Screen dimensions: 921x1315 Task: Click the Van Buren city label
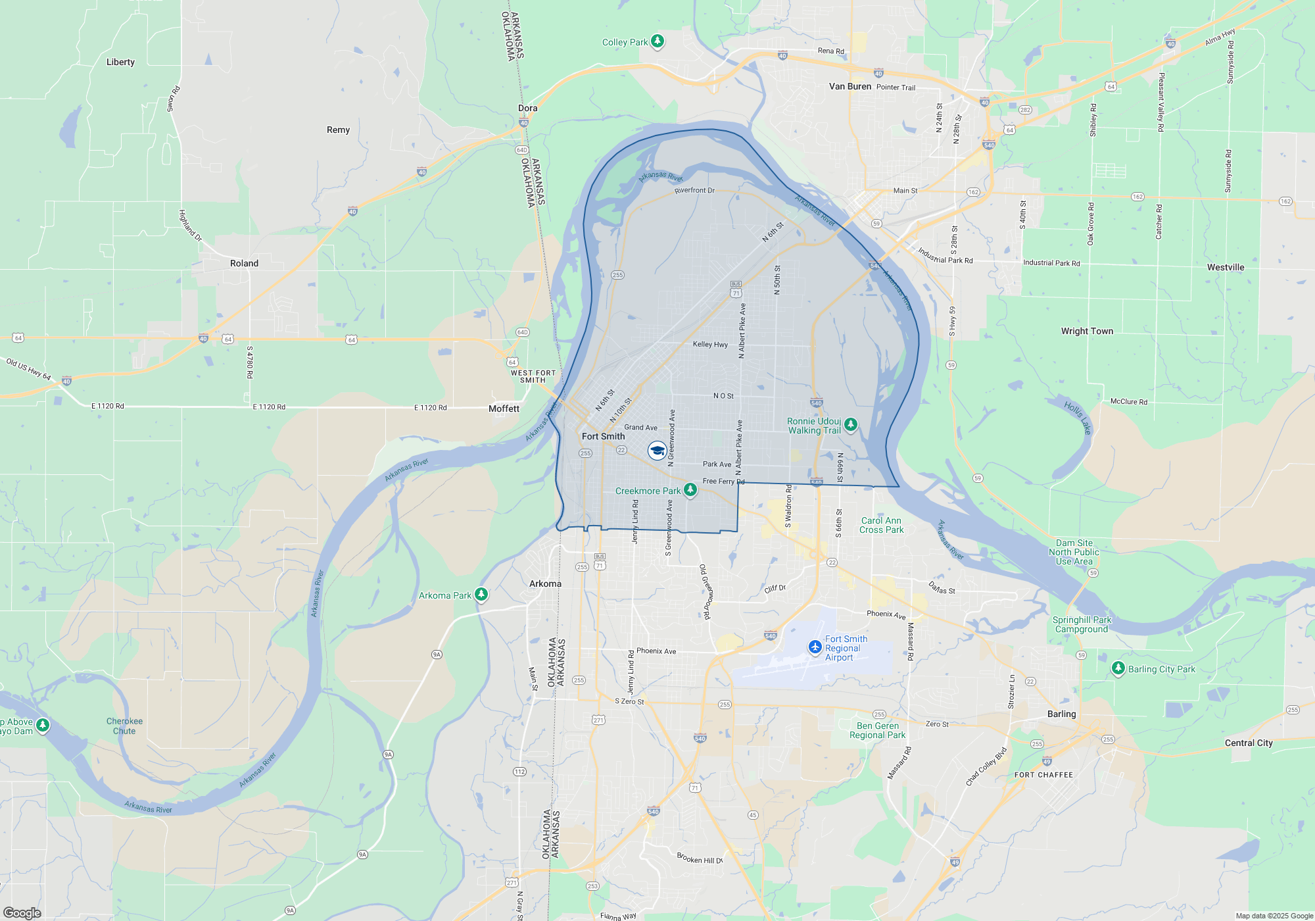tap(849, 86)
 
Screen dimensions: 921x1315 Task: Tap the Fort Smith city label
tap(603, 436)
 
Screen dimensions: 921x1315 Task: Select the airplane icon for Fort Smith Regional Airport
tap(815, 647)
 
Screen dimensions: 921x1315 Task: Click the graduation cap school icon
tap(656, 451)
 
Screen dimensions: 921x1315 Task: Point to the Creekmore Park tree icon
tap(690, 489)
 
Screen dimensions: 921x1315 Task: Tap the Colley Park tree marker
tap(657, 41)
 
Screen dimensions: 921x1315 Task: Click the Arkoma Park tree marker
tap(481, 595)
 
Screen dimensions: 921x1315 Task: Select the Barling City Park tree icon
tap(1118, 668)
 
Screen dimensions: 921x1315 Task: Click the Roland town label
tap(244, 263)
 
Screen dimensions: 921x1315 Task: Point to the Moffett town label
tap(504, 409)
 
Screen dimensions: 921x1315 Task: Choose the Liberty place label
tap(120, 62)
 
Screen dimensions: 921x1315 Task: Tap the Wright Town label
tap(1087, 331)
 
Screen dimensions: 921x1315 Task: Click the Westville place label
tap(1226, 267)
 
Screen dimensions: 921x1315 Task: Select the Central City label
tap(1249, 743)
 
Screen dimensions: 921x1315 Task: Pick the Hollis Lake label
tap(1078, 418)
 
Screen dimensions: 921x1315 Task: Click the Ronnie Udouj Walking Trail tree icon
tap(850, 424)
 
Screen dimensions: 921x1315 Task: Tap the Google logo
tap(22, 912)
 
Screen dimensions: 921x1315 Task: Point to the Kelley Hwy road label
tap(710, 344)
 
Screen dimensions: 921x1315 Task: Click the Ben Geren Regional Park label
tap(877, 730)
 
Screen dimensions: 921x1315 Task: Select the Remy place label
tap(338, 130)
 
